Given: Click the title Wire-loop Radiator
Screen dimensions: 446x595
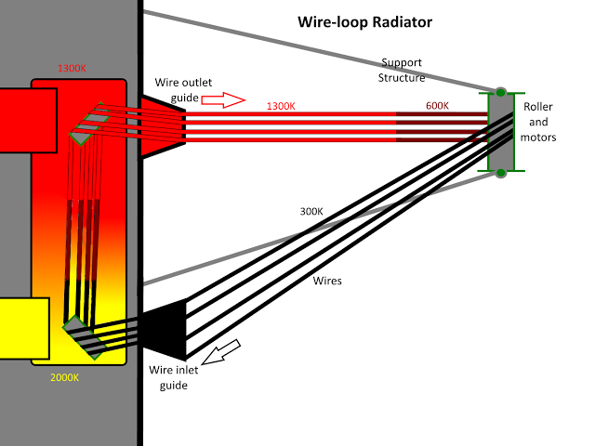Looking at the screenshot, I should click(x=364, y=20).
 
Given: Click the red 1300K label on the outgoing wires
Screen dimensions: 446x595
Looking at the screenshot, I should click(x=281, y=106).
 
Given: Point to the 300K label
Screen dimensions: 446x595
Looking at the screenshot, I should click(x=311, y=210).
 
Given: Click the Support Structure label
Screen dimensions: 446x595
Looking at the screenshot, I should click(x=401, y=70).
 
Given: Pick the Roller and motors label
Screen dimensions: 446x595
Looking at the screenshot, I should click(x=539, y=123).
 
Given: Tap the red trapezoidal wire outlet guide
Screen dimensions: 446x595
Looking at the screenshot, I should click(x=162, y=125).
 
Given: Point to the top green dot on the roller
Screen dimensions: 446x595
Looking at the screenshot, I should click(x=500, y=92).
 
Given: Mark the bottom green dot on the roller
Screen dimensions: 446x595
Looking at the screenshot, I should click(x=500, y=173).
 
